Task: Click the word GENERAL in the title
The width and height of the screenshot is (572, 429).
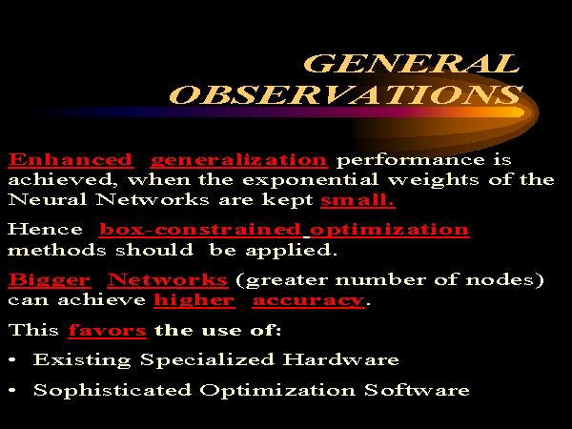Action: tap(411, 63)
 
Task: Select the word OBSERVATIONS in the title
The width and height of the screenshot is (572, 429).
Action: tap(346, 94)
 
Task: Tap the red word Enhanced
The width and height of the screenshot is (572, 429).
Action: tap(71, 160)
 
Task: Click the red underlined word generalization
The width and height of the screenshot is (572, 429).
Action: tap(239, 161)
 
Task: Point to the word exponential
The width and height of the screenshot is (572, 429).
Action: tap(310, 180)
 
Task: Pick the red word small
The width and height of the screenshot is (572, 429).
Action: tap(357, 199)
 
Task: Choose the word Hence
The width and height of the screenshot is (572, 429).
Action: tap(45, 229)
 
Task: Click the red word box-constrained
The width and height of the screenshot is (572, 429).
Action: tap(200, 229)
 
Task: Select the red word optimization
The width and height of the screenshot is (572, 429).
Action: tap(389, 230)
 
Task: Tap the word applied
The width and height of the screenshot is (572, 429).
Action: tap(291, 251)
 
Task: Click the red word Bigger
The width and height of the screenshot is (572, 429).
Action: tap(50, 281)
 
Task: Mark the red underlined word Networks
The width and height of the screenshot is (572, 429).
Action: tap(168, 279)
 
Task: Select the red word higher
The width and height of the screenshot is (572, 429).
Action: tap(194, 301)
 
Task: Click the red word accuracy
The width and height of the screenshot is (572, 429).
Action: tap(308, 301)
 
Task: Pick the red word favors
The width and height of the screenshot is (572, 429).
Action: tap(107, 330)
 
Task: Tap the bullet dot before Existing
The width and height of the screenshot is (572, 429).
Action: tap(12, 359)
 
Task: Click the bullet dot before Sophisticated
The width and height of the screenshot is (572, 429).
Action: tap(12, 390)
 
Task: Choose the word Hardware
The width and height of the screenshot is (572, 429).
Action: tap(340, 359)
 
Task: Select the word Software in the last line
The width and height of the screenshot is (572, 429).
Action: tap(417, 390)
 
